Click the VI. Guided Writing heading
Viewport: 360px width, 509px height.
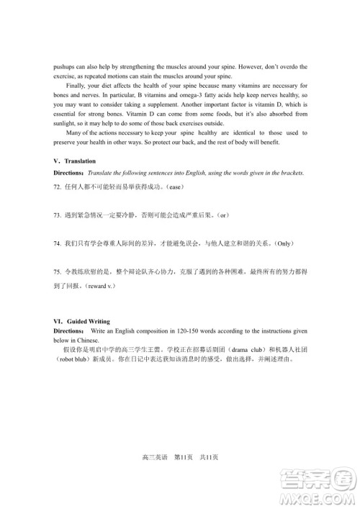pyautogui.click(x=84, y=320)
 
